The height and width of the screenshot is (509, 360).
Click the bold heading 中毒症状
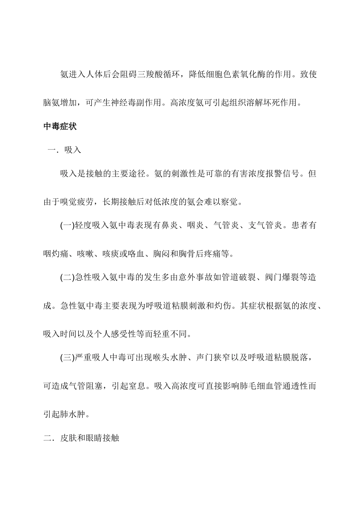tap(60, 126)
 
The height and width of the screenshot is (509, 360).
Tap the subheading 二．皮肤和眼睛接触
tap(81, 439)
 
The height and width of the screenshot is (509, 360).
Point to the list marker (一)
tap(67, 226)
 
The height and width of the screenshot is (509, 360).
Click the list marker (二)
tap(67, 278)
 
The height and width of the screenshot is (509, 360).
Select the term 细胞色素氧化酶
tap(241, 74)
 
